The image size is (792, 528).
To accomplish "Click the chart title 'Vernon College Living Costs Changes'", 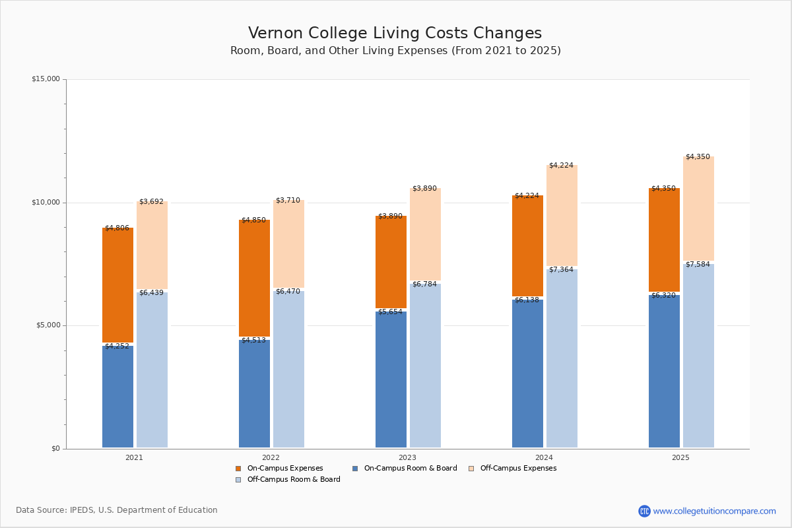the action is (x=395, y=33).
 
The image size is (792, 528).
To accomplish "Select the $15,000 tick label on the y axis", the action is (x=46, y=79).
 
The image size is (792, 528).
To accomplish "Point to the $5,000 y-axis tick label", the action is (x=48, y=325).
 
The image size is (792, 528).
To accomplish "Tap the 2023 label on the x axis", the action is (x=407, y=457).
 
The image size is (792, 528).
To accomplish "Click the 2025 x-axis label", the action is (x=680, y=457).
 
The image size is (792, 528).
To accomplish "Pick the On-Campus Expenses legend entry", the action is (x=279, y=468).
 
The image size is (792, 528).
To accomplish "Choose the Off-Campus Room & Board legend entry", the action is (x=288, y=480).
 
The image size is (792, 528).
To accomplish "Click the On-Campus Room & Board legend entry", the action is (x=405, y=468).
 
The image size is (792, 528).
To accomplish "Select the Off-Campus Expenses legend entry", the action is (x=513, y=468).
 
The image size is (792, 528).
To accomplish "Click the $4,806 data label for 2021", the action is (x=117, y=228).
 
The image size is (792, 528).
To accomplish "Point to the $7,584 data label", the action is (x=698, y=265).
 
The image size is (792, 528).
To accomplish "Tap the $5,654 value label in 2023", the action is (x=390, y=312).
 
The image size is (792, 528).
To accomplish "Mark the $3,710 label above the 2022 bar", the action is (x=288, y=201).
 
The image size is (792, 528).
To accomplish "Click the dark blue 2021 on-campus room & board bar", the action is (x=117, y=397).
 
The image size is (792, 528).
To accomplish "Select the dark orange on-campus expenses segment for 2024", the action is (x=527, y=246).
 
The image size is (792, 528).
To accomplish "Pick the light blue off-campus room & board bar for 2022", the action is (x=288, y=369).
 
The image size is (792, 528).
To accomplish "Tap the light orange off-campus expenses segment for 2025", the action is (x=698, y=209).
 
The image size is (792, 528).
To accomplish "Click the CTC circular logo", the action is (x=644, y=511).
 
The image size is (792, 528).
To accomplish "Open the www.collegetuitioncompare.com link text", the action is (x=714, y=511).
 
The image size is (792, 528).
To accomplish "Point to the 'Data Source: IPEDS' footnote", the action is (x=117, y=510).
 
